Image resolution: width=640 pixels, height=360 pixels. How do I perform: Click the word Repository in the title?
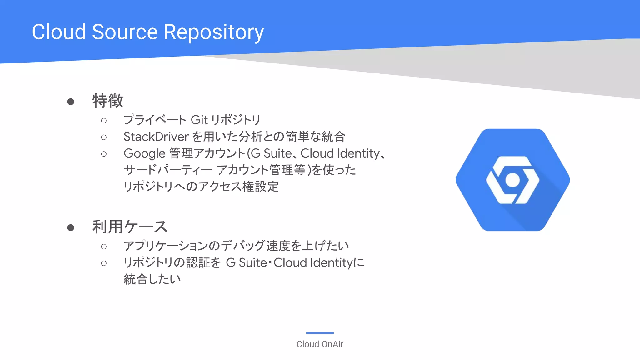point(213,32)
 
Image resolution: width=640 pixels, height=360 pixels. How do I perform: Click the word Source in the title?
point(125,32)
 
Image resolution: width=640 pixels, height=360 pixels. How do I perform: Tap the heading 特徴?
point(107,101)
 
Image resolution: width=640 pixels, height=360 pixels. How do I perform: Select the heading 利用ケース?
point(130,227)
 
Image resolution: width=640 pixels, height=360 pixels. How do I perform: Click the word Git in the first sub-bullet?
point(199,120)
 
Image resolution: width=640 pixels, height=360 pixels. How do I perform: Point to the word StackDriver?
point(156,137)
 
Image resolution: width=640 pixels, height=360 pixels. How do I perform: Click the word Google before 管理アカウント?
point(144,153)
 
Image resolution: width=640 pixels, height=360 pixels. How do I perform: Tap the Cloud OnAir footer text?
point(320,344)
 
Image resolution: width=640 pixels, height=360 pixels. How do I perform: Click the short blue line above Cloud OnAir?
point(320,333)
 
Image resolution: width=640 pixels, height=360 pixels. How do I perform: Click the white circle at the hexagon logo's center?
point(512,180)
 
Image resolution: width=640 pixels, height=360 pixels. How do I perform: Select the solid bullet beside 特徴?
point(71,102)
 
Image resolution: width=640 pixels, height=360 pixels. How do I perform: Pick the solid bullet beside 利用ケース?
point(71,228)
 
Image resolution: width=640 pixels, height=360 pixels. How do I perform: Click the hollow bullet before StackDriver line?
point(104,137)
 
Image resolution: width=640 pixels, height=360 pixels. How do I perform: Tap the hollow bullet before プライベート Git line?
point(104,121)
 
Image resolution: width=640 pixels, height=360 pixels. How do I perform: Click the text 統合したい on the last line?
point(152,279)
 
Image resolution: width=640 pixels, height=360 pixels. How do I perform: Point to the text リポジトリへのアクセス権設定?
point(201,187)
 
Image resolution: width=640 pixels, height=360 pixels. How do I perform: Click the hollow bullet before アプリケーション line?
point(104,247)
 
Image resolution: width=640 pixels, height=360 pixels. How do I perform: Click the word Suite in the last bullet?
point(252,263)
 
